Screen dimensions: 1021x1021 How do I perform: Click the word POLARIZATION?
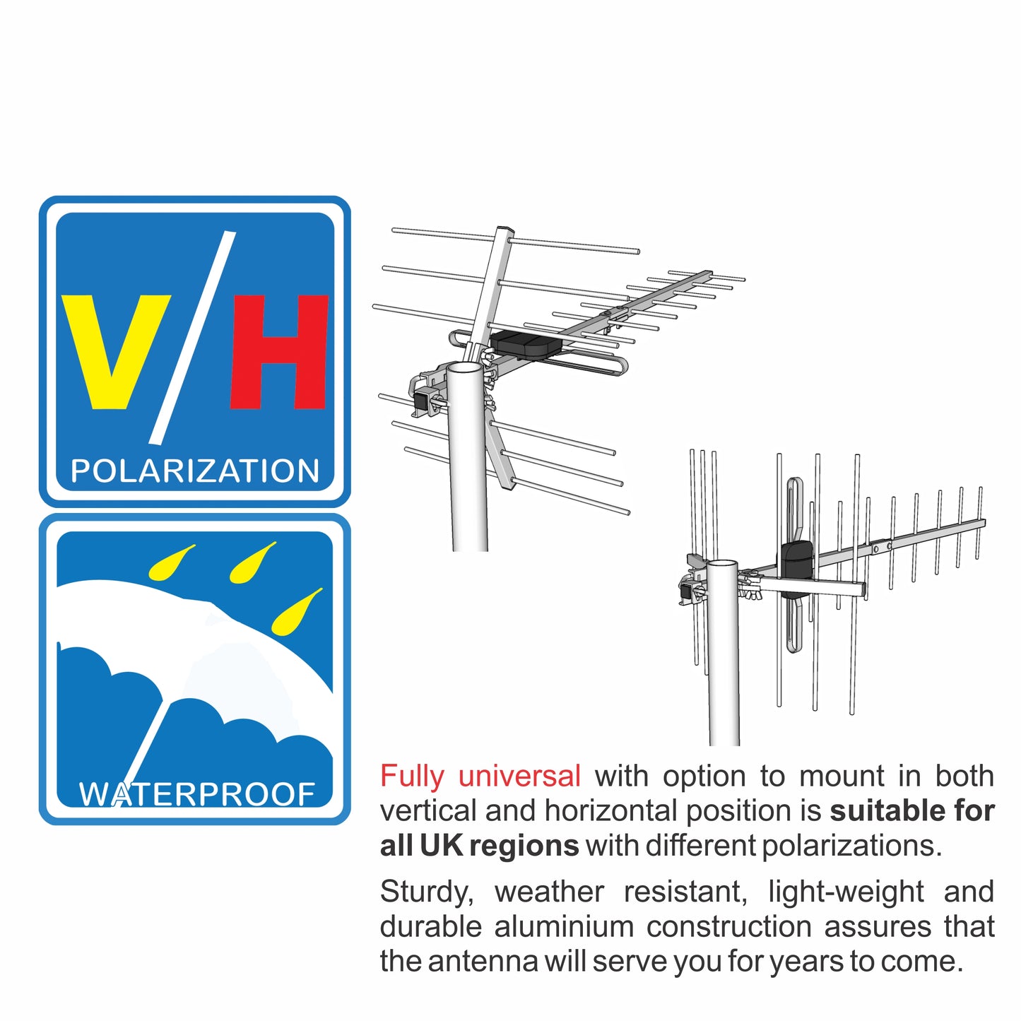coord(195,471)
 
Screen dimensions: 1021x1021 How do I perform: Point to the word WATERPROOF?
coord(197,794)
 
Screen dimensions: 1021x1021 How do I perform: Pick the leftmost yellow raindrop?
coord(170,563)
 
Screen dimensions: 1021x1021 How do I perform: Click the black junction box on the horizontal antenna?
coord(526,343)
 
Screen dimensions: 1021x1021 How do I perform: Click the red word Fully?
coord(412,777)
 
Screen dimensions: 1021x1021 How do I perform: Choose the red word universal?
coord(519,777)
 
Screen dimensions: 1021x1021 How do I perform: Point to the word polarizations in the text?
coord(851,846)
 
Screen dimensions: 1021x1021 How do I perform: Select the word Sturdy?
coord(426,892)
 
